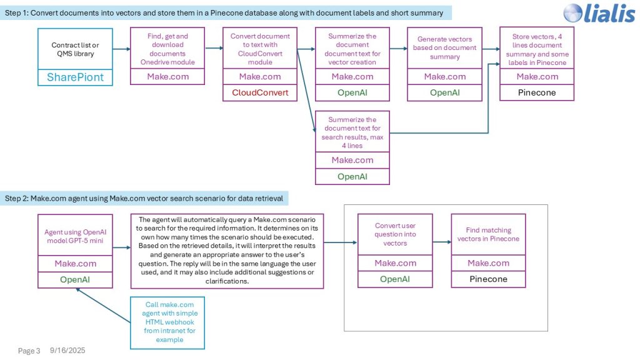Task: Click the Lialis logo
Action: click(x=599, y=14)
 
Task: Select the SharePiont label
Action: click(x=75, y=77)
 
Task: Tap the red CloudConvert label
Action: click(x=260, y=92)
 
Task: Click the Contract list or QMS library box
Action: click(x=75, y=49)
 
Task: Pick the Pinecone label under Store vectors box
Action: click(x=536, y=92)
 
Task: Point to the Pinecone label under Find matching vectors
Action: click(x=488, y=279)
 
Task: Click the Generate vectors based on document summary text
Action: click(x=444, y=48)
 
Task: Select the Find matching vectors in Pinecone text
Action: click(x=488, y=234)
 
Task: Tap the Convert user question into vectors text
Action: click(x=395, y=234)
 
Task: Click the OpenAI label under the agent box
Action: click(x=75, y=279)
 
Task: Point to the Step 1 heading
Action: click(x=225, y=13)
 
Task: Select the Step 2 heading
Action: click(x=144, y=198)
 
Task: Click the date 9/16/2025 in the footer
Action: click(x=67, y=351)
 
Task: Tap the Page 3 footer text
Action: click(x=29, y=351)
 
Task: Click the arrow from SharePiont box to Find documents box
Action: click(x=121, y=49)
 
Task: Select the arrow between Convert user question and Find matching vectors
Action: click(x=441, y=242)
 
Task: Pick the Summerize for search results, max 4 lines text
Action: click(x=352, y=132)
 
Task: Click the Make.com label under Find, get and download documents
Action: click(x=167, y=76)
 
